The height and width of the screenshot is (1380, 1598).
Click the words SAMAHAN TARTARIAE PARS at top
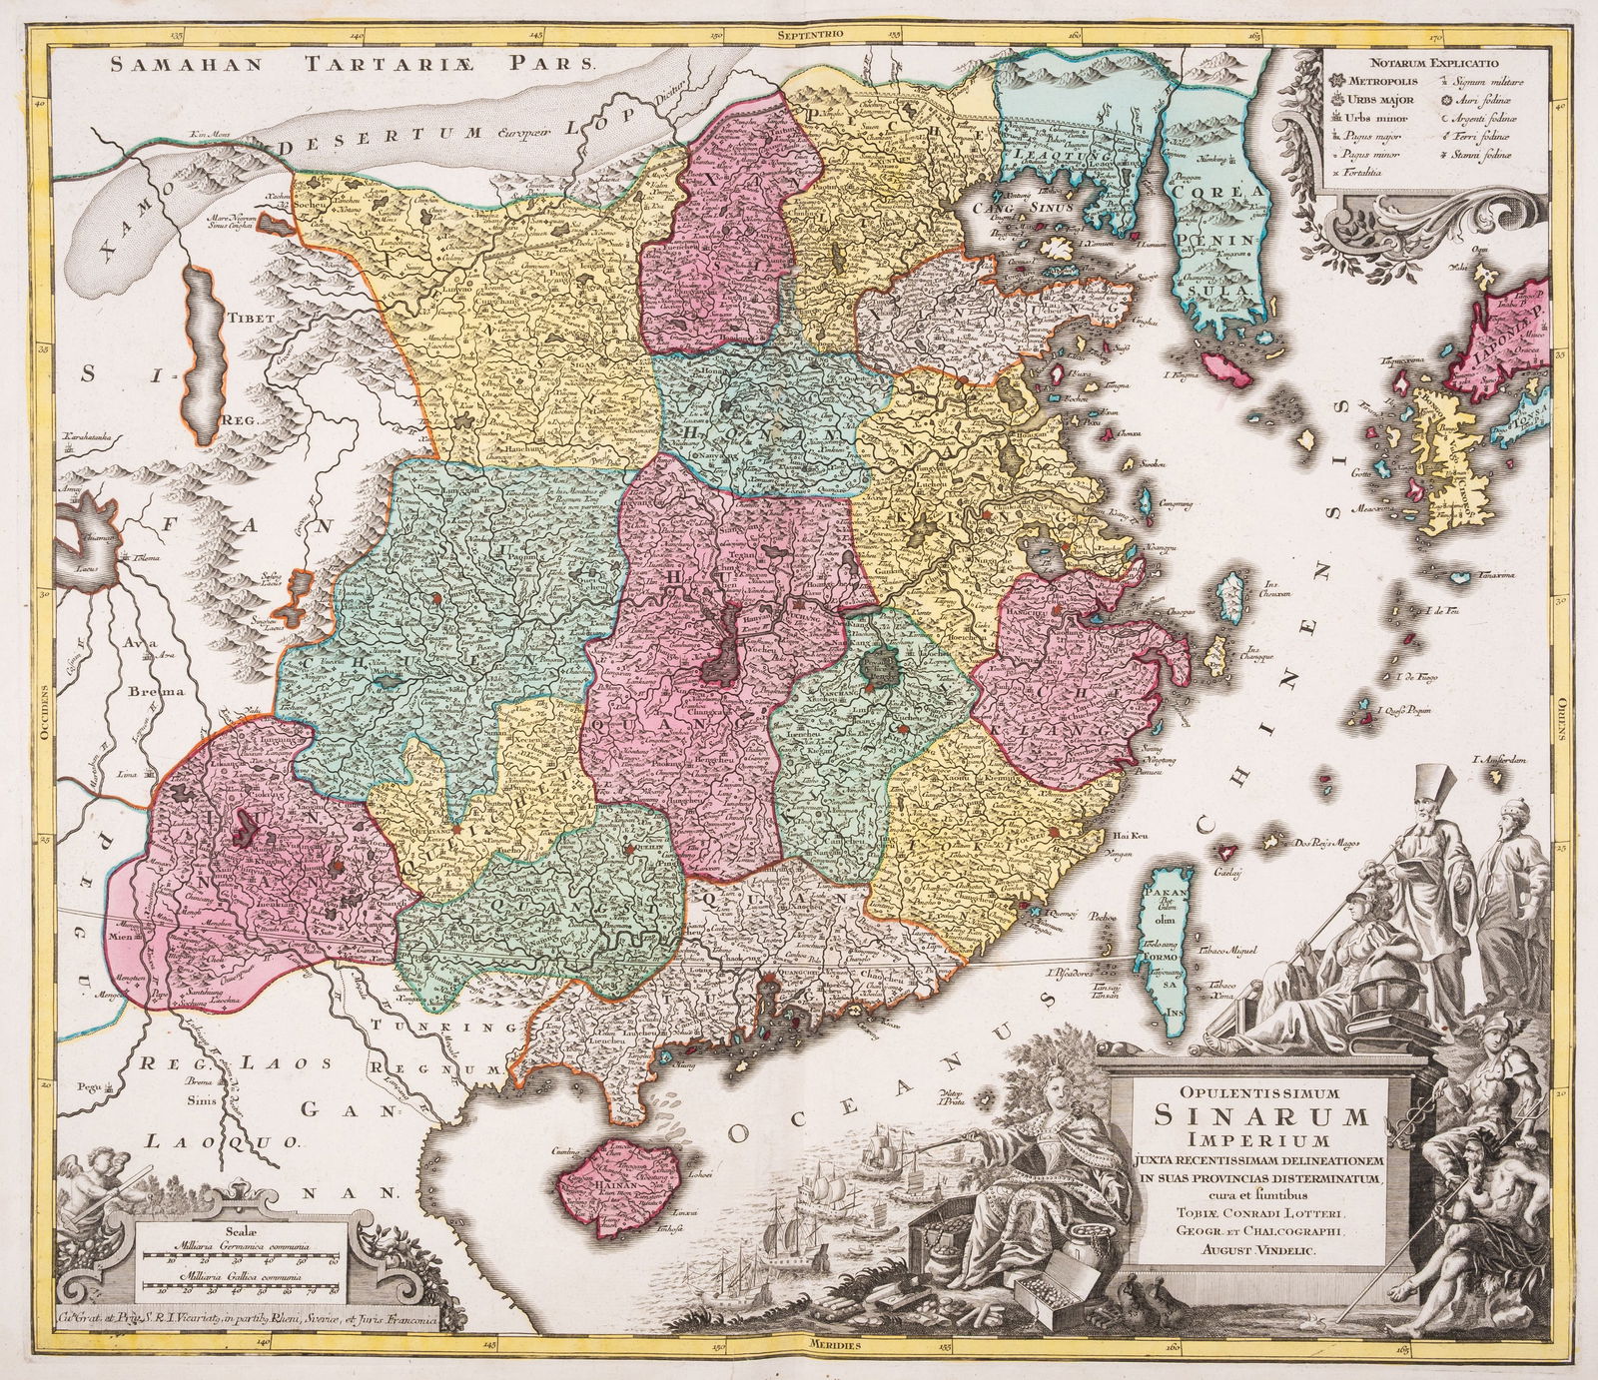click(x=353, y=64)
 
